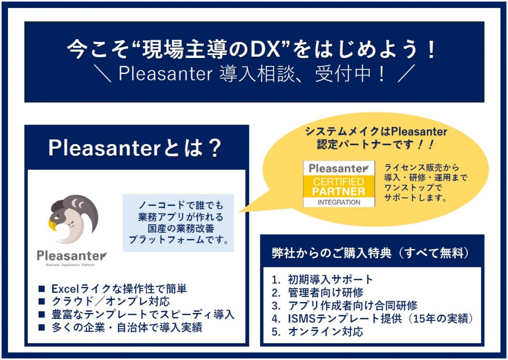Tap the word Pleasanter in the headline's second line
pos(165,74)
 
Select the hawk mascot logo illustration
pos(73,219)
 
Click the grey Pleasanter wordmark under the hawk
pos(71,256)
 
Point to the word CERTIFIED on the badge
pos(338,181)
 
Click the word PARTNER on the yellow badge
pos(338,191)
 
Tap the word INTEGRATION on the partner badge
pos(339,202)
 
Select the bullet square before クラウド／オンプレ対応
pos(42,301)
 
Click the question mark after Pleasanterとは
pos(214,148)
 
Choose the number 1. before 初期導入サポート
pos(276,280)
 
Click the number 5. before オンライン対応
pos(276,332)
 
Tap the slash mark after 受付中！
pos(406,74)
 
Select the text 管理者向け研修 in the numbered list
pos(325,293)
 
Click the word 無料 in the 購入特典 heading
pos(451,253)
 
